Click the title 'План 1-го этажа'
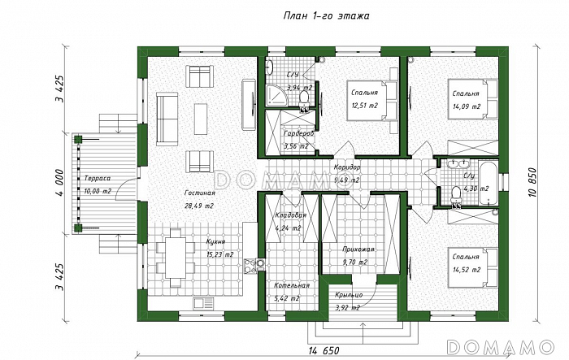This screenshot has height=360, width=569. pyautogui.click(x=326, y=16)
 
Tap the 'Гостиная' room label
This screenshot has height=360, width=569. pyautogui.click(x=200, y=193)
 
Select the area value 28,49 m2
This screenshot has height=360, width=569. pyautogui.click(x=199, y=206)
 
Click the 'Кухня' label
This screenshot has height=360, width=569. pyautogui.click(x=216, y=242)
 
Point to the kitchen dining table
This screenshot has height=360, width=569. pyautogui.click(x=176, y=258)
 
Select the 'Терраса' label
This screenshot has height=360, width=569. pyautogui.click(x=98, y=179)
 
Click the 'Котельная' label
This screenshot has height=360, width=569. pyautogui.click(x=292, y=285)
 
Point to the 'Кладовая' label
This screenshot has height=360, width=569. pyautogui.click(x=291, y=215)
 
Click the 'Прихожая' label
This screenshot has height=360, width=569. pyautogui.click(x=358, y=249)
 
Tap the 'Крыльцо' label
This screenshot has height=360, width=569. pyautogui.click(x=349, y=295)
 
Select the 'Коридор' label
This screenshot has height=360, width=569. pyautogui.click(x=347, y=167)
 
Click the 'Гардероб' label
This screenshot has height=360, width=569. pyautogui.click(x=299, y=133)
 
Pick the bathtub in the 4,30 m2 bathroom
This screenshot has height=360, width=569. pyautogui.click(x=488, y=183)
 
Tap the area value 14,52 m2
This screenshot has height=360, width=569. pyautogui.click(x=467, y=270)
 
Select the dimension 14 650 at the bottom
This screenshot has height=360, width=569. pyautogui.click(x=324, y=351)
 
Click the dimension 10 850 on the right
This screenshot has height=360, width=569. pyautogui.click(x=532, y=182)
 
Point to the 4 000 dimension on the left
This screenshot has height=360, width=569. pyautogui.click(x=60, y=183)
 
